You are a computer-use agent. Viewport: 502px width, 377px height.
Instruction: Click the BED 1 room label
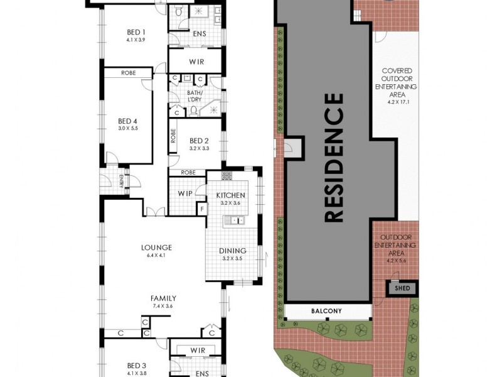click(x=136, y=33)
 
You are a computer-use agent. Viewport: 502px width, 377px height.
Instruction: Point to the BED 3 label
click(x=136, y=365)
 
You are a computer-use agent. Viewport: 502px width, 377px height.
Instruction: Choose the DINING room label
click(x=233, y=251)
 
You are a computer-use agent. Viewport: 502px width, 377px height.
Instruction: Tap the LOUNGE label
click(x=156, y=248)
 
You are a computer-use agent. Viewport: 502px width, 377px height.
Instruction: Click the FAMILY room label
click(x=163, y=298)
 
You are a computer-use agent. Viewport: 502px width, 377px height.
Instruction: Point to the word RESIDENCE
click(x=334, y=157)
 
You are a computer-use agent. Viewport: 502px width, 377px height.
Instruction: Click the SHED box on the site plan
click(x=402, y=288)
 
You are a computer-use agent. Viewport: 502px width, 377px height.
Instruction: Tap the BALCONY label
click(x=328, y=311)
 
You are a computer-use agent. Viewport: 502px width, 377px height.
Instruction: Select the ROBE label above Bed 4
click(x=128, y=73)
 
